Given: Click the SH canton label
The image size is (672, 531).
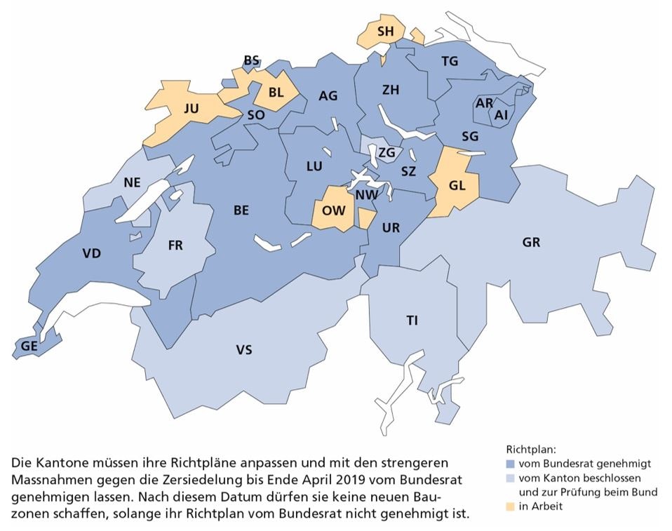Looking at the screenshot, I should (x=385, y=32).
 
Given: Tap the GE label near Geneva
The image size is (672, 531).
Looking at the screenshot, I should (x=29, y=345).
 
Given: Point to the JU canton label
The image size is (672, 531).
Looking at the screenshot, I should (x=191, y=109).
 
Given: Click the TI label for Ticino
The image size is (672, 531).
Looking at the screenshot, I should (x=412, y=321).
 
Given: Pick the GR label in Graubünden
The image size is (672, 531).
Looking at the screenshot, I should (x=531, y=243).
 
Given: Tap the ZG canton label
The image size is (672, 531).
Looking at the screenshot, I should (x=387, y=153).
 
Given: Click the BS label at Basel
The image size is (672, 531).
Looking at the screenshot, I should (x=252, y=61).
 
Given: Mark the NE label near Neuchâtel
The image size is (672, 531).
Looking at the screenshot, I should (x=133, y=182).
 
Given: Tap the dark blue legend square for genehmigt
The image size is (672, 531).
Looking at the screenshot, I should (x=510, y=464).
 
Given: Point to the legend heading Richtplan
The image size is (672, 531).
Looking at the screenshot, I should (x=530, y=449).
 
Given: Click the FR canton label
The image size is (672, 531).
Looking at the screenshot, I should (x=175, y=246).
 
